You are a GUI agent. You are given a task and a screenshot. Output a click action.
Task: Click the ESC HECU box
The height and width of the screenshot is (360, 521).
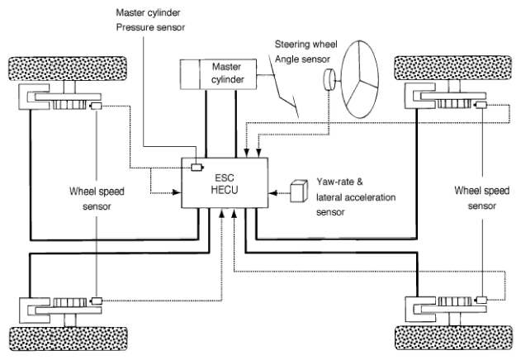pyautogui.click(x=225, y=182)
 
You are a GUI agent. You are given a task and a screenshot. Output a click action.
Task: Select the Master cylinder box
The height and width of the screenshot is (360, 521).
pyautogui.click(x=218, y=74)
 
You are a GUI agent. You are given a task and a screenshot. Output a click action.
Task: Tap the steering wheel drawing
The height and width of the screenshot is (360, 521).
pyautogui.click(x=360, y=79)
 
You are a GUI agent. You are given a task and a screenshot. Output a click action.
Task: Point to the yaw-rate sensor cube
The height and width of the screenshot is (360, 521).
pyautogui.click(x=299, y=191)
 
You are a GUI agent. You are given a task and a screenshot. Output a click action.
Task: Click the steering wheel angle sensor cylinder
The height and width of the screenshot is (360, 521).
pyautogui.click(x=329, y=79)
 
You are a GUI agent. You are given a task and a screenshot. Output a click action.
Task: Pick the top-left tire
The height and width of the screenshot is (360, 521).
pyautogui.click(x=68, y=69)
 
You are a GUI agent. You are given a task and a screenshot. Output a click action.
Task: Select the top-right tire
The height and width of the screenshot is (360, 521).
pyautogui.click(x=453, y=68)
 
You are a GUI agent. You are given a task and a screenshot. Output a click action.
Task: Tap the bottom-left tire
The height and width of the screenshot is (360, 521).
pyautogui.click(x=68, y=339)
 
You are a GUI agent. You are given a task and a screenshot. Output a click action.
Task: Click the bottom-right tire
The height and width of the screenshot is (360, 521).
pyautogui.click(x=453, y=338)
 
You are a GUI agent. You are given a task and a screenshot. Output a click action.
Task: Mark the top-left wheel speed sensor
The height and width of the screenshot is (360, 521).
pyautogui.click(x=96, y=106)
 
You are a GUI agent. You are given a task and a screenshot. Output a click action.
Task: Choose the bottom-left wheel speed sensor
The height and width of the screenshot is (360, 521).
pyautogui.click(x=97, y=301)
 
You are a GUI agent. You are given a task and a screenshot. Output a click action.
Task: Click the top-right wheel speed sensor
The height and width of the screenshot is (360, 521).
pyautogui.click(x=481, y=106)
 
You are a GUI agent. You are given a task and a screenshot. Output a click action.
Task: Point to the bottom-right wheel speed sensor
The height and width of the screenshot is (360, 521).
pyautogui.click(x=481, y=300)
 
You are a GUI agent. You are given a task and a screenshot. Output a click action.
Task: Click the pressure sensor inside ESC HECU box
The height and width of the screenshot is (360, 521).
pyautogui.click(x=197, y=168)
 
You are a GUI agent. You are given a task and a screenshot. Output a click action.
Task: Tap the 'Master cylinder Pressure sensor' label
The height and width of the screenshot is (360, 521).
pyautogui.click(x=150, y=20)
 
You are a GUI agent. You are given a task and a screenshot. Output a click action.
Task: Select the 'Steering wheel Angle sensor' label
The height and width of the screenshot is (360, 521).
pyautogui.click(x=305, y=51)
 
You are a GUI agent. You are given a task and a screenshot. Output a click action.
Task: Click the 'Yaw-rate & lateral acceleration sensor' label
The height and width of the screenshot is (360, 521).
pyautogui.click(x=356, y=197)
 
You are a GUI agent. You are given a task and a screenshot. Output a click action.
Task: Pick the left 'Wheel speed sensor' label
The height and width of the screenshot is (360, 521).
pyautogui.click(x=97, y=199)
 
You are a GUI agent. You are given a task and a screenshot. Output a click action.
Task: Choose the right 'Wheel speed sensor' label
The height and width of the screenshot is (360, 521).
pyautogui.click(x=482, y=198)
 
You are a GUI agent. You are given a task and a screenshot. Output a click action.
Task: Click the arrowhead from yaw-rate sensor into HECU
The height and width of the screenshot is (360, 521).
pyautogui.click(x=272, y=192)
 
